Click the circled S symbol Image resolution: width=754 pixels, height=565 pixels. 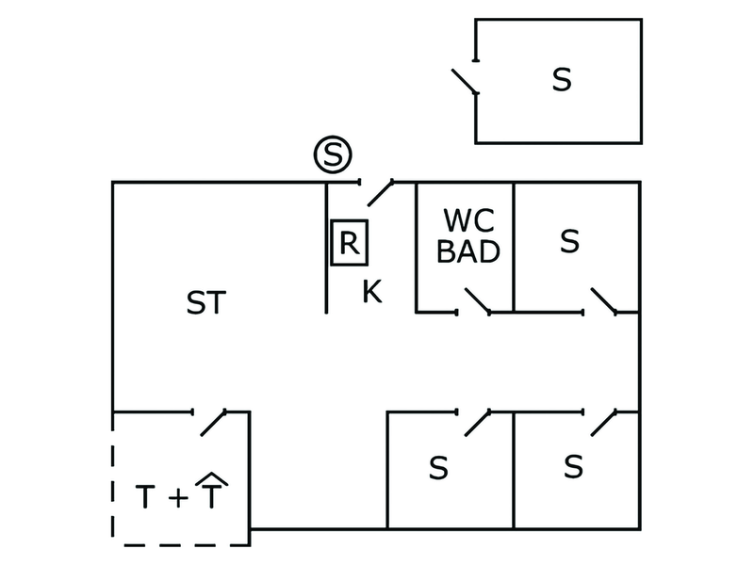333,154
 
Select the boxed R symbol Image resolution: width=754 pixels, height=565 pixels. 350,243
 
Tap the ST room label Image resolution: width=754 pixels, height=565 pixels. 205,302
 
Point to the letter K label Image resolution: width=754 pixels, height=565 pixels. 372,291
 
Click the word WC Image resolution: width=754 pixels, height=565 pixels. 468,220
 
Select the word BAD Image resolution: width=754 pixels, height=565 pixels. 468,251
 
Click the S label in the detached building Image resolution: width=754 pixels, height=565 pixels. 562,80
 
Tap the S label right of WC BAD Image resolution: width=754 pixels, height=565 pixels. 570,241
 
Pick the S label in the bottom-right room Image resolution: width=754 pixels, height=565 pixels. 573,466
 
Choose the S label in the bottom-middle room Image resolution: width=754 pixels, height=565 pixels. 438,468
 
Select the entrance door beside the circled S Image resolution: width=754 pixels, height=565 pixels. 381,193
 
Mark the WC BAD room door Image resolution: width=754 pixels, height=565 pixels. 478,300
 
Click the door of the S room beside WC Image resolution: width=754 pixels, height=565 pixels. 604,300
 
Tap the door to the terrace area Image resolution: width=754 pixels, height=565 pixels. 213,423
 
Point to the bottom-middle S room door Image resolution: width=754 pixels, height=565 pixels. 478,423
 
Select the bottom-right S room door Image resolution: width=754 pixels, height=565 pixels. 604,423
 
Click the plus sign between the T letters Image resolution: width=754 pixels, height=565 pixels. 178,497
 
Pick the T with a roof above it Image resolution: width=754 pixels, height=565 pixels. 211,490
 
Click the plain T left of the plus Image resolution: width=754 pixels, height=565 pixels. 145,497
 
